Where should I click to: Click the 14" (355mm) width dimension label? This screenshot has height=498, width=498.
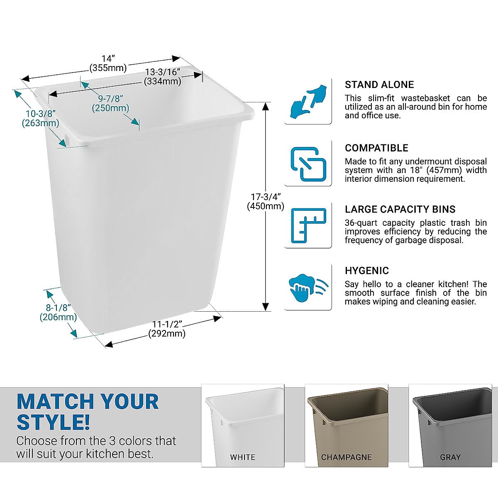[x=108, y=63]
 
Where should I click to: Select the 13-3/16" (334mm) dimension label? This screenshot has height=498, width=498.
[x=163, y=77]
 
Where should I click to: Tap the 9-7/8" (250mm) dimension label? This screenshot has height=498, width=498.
[x=110, y=103]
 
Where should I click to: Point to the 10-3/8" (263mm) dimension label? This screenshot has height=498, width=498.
[x=40, y=118]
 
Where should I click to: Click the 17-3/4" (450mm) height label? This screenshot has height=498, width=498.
[x=266, y=201]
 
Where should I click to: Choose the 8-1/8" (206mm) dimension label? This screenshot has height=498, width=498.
[x=58, y=312]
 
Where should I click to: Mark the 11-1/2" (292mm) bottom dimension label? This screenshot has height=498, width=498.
[x=167, y=329]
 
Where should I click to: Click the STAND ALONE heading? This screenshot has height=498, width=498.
[x=379, y=85]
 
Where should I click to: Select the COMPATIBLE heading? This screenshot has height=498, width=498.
[x=376, y=148]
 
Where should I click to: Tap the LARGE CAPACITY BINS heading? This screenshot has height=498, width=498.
[x=400, y=210]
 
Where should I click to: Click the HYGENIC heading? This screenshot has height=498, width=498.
[x=367, y=271]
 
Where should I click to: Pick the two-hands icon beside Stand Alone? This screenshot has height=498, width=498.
[x=308, y=101]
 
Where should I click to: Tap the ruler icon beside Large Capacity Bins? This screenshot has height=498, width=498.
[x=308, y=225]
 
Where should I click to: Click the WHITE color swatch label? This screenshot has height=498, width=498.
[x=243, y=457]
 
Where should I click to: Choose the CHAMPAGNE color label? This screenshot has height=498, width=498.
[x=347, y=457]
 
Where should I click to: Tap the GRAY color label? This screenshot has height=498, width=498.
[x=450, y=457]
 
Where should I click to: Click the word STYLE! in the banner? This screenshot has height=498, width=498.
[x=53, y=422]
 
